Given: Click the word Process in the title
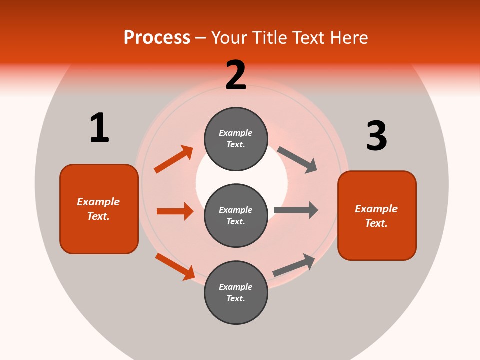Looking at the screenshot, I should [157, 37].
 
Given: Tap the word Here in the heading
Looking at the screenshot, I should [348, 37].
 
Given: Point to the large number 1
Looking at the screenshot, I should [99, 128].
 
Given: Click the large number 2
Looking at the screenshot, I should [236, 75].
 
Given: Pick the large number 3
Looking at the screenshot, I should [376, 136].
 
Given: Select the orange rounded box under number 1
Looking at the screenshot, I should [99, 209].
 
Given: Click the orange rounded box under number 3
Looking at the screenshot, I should [377, 215].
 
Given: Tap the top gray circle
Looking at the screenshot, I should [236, 138].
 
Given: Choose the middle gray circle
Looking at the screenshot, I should [236, 215].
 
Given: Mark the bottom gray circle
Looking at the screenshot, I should [236, 292].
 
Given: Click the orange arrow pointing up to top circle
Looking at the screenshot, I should [173, 159].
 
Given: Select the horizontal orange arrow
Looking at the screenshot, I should [175, 211].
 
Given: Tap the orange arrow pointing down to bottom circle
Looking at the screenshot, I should [175, 266].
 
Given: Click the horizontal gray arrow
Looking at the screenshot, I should [296, 210].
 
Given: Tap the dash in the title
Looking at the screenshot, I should [201, 38].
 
